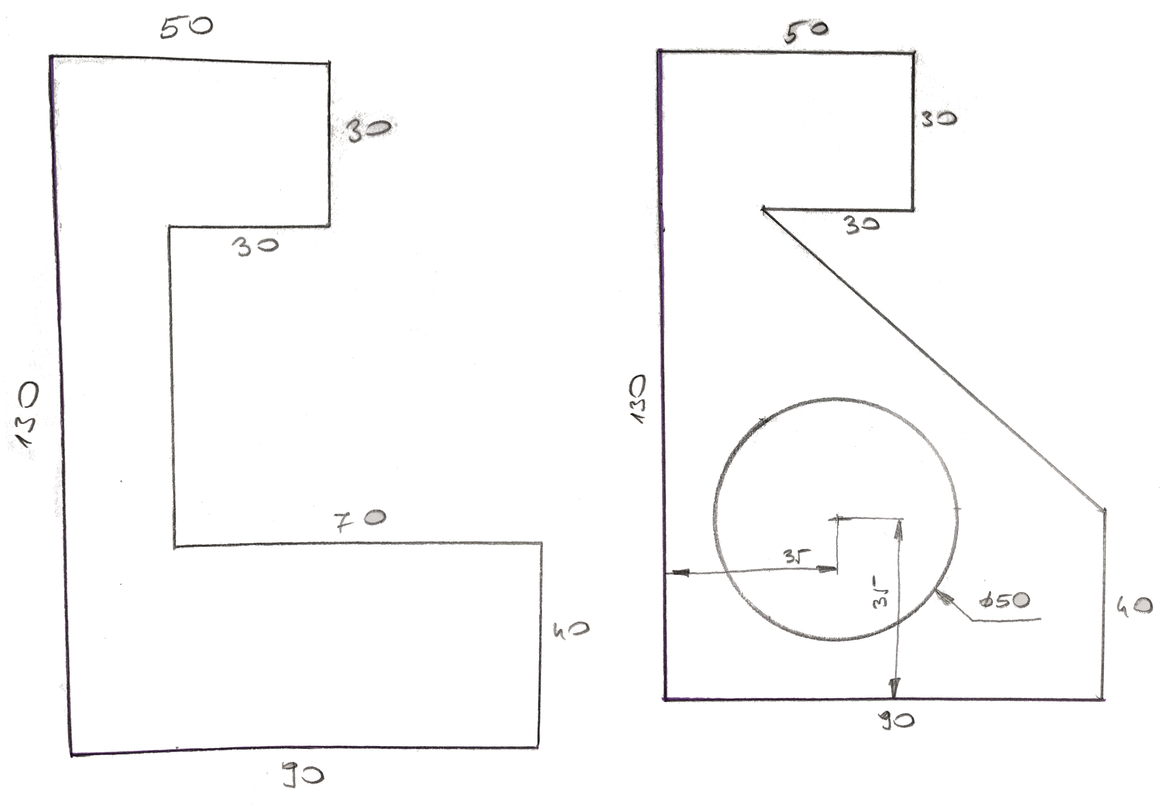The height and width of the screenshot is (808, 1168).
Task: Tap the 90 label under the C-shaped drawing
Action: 303,775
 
